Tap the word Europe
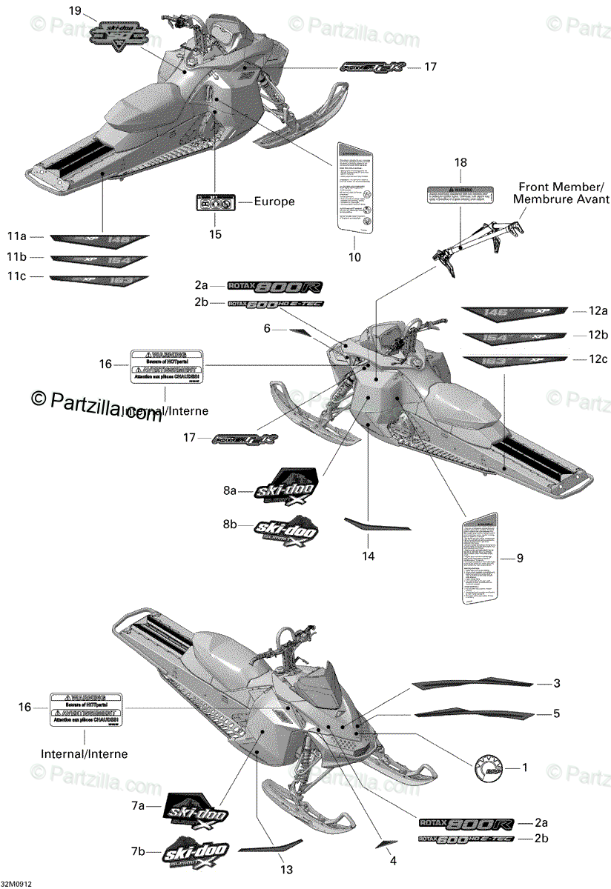coord(274,201)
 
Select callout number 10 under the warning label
coord(354,257)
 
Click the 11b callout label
coord(16,258)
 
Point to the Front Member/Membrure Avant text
coord(564,193)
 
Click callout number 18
coord(460,162)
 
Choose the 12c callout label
coord(598,359)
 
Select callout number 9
coord(519,558)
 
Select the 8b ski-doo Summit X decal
coord(286,532)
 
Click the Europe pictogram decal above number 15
coord(215,202)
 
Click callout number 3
coord(556,682)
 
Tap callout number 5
coord(556,714)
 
